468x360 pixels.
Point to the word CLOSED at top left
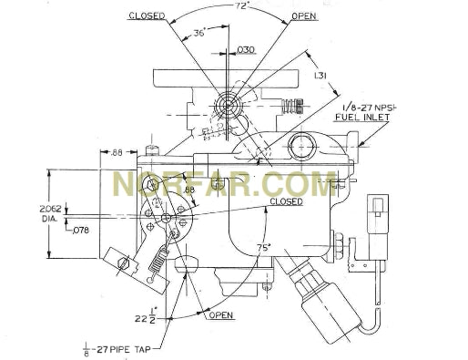147,16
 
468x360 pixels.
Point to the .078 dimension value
82,230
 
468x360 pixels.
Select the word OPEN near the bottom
221,316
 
